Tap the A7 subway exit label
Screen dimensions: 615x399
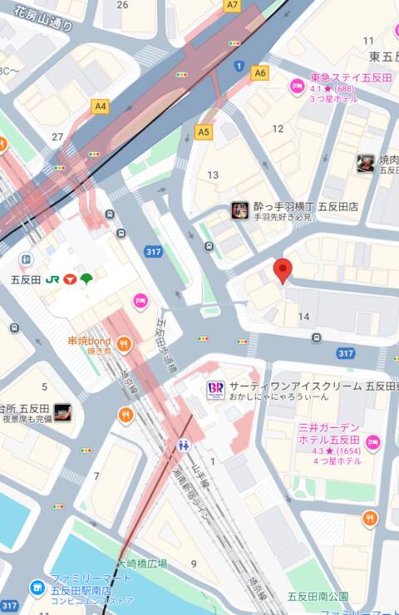coord(232,5)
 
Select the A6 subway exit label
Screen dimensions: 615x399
coord(260,73)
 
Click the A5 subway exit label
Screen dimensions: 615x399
coord(204,131)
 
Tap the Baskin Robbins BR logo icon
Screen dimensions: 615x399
coord(215,389)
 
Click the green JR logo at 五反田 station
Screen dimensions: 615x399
coord(52,279)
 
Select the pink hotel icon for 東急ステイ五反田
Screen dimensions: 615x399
coord(297,86)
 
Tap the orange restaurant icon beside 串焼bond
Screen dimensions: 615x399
coord(124,342)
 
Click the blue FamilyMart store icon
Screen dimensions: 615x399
coord(37,588)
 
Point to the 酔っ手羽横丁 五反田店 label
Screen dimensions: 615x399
coord(307,207)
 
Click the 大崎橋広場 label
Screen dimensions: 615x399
coord(142,563)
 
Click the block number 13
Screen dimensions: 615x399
coord(214,175)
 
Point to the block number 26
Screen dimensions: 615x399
coord(123,5)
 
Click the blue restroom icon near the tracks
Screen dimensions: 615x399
coord(184,445)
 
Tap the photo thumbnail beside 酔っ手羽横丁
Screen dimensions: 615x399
coord(240,210)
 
